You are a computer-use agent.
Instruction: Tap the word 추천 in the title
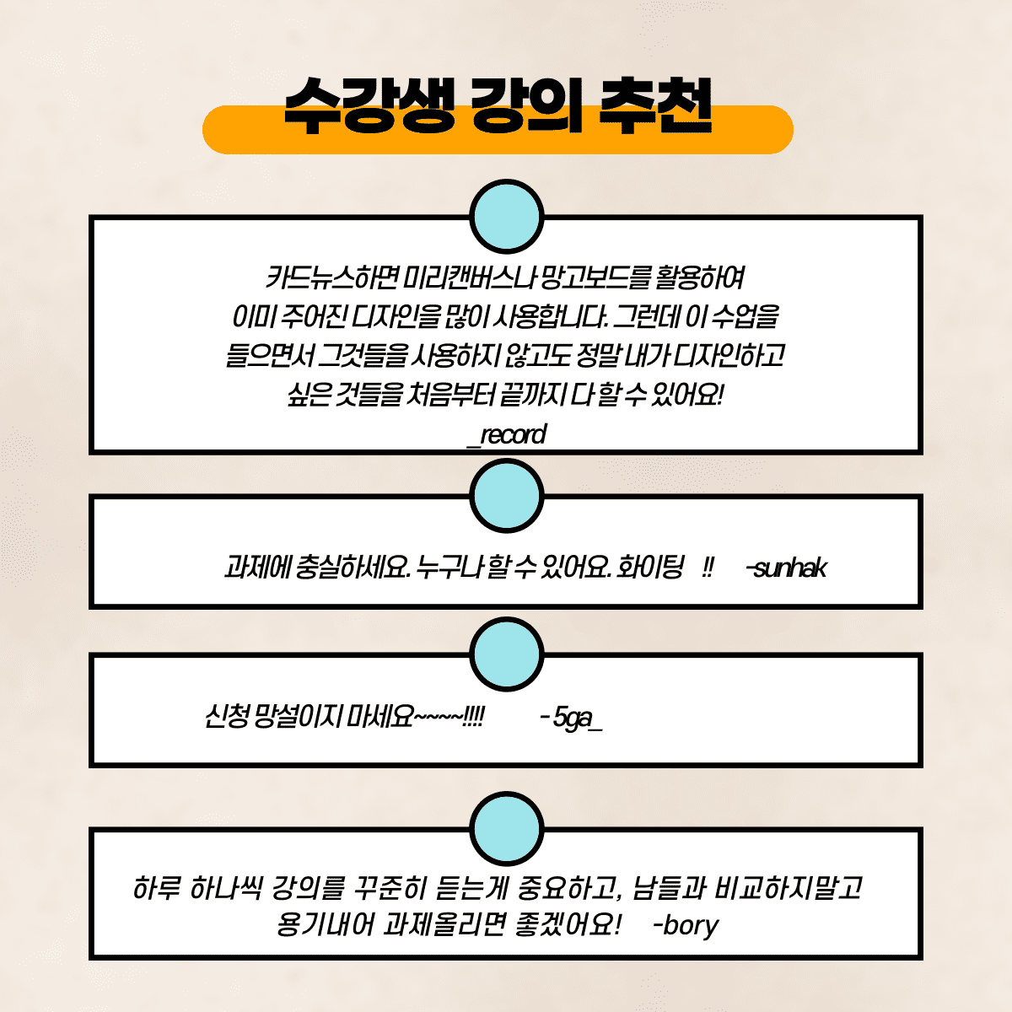[x=655, y=105]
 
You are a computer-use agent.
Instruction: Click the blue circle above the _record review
[x=506, y=217]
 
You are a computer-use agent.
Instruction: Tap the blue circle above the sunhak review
[x=506, y=496]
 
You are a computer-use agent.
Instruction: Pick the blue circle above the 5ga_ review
[x=506, y=654]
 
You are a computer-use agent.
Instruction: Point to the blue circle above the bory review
[x=506, y=829]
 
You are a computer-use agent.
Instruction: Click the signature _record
[x=506, y=435]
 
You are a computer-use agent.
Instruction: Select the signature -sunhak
[x=786, y=568]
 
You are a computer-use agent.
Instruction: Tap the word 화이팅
[x=650, y=568]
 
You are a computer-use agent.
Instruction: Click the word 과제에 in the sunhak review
[x=257, y=568]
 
